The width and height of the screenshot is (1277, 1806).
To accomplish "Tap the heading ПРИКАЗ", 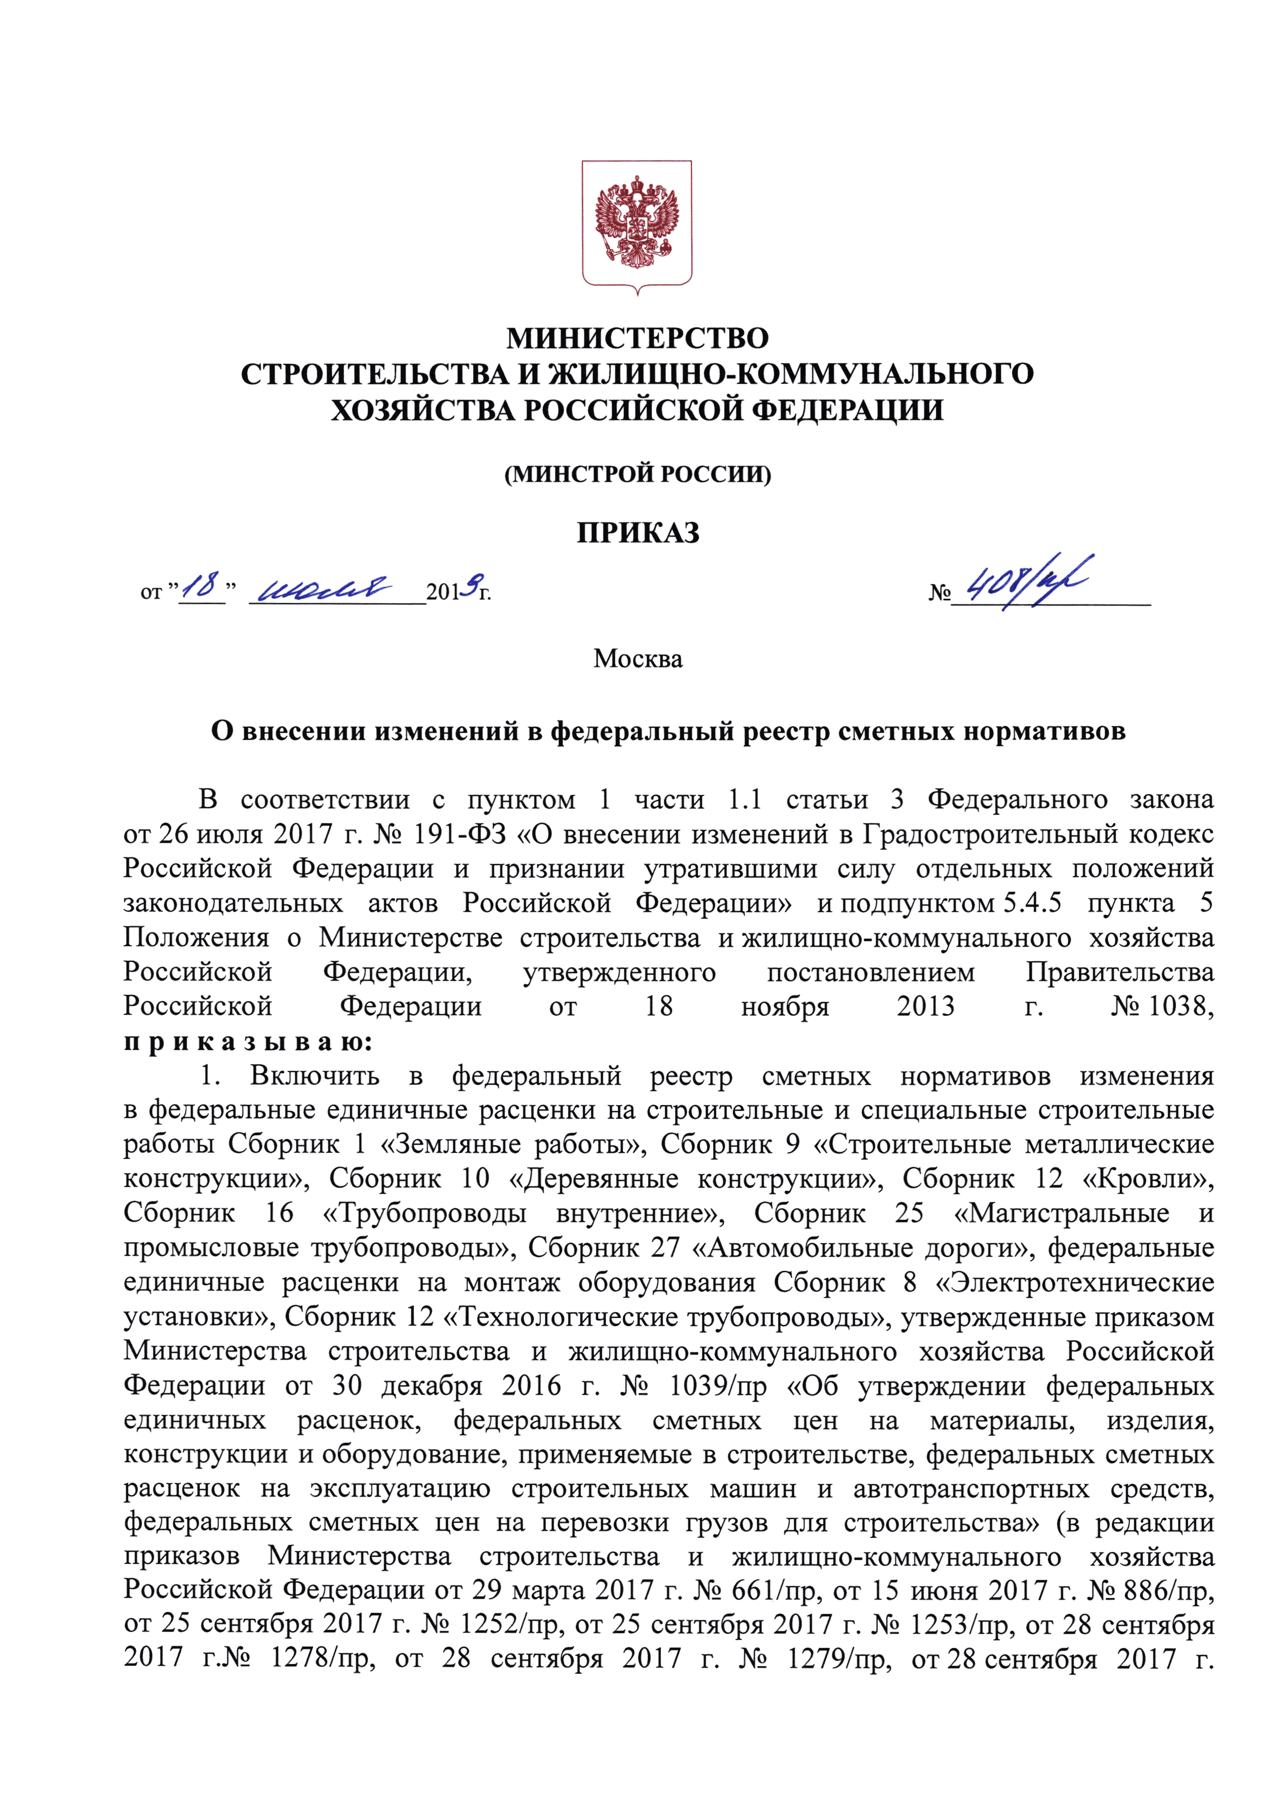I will [x=638, y=533].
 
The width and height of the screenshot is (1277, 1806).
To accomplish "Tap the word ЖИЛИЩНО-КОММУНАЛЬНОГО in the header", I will [x=790, y=374].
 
